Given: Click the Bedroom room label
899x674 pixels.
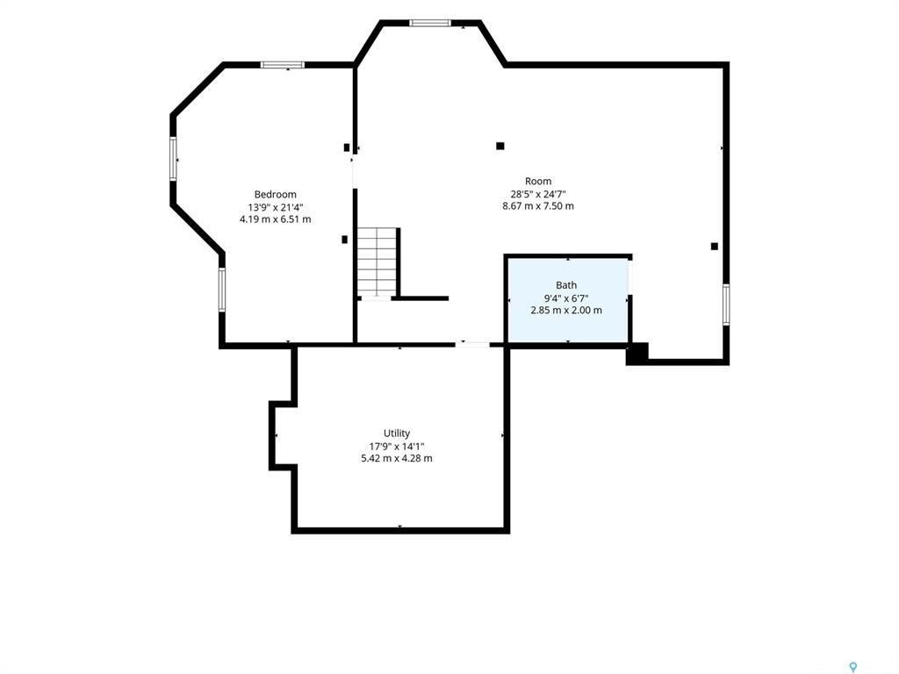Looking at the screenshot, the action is (275, 194).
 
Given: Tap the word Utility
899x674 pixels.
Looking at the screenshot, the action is (397, 434).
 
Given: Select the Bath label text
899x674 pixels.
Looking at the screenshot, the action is (566, 285).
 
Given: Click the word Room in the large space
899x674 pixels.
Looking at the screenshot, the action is (538, 181).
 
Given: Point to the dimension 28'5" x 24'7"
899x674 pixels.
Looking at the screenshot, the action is (538, 194).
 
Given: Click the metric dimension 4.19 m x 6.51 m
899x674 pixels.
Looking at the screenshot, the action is (275, 219).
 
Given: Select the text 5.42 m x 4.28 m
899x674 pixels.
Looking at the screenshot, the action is (397, 458).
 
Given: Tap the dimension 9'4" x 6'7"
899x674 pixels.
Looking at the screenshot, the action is (566, 298).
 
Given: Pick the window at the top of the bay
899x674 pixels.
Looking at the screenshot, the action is (430, 24).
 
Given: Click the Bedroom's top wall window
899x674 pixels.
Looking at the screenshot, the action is (282, 65).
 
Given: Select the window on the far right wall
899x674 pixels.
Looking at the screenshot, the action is (726, 305).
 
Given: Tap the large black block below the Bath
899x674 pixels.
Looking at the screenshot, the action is (637, 354).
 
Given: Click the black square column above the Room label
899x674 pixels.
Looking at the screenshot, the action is (500, 147).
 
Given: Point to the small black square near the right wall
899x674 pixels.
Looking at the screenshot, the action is (715, 247).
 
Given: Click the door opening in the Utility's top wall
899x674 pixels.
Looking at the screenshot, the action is (473, 344).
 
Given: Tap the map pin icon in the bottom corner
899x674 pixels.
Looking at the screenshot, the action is (853, 667).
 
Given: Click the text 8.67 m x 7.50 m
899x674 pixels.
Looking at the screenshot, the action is (538, 205).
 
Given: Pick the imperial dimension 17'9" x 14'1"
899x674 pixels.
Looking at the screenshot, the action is (397, 446).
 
